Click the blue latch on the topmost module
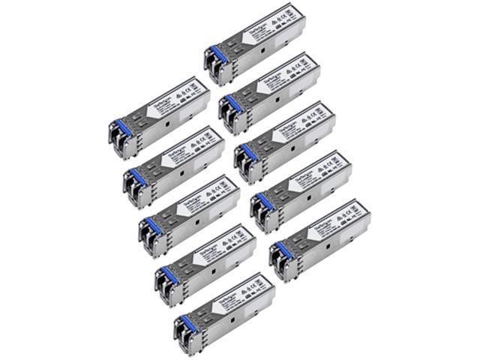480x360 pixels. [218, 53]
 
